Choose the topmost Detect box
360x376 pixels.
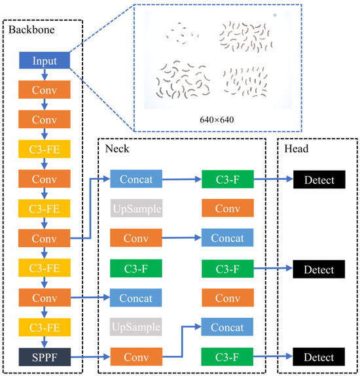pyautogui.click(x=319, y=179)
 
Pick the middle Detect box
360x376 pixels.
pyautogui.click(x=319, y=269)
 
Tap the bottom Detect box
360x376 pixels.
pyautogui.click(x=319, y=357)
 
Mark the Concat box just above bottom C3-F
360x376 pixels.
pyautogui.click(x=227, y=328)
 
